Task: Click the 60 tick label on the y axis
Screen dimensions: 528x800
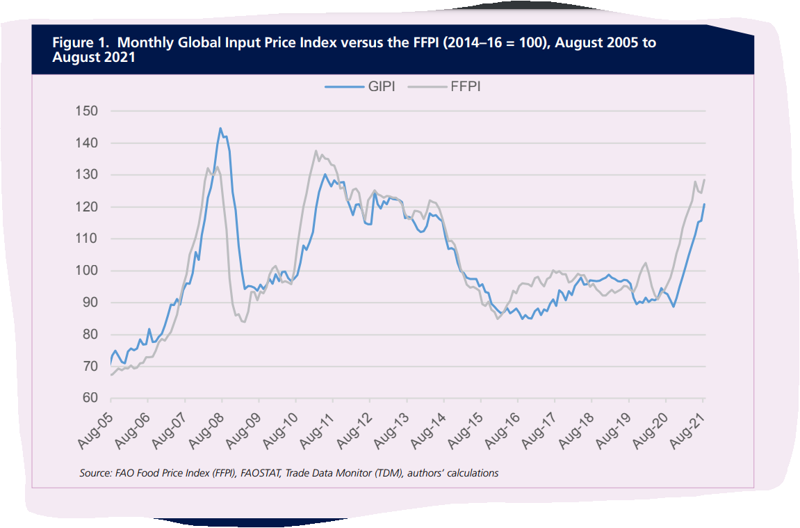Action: (88, 399)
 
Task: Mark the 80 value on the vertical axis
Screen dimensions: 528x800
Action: (88, 335)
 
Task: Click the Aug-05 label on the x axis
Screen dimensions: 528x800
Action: (95, 426)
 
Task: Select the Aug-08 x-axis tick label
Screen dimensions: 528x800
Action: (206, 426)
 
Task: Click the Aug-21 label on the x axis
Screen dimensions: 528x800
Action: (688, 426)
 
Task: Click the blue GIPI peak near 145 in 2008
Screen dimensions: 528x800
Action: (220, 128)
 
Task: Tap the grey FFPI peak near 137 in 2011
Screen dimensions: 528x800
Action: (316, 151)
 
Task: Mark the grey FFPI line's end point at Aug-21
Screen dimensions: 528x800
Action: (704, 179)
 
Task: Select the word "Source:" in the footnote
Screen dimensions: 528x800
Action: (95, 473)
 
